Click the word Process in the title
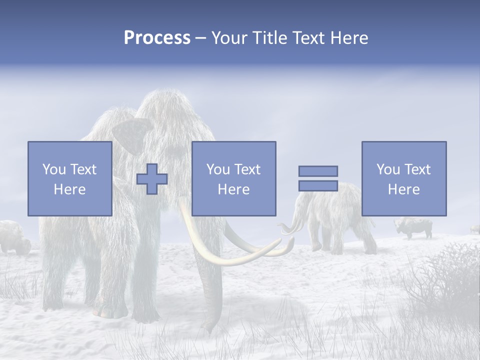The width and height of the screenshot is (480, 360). click(157, 38)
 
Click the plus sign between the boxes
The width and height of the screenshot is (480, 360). click(152, 179)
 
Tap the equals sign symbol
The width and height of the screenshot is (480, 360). click(318, 178)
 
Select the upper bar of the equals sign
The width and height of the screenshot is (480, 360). click(318, 171)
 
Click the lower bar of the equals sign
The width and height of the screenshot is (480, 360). click(318, 185)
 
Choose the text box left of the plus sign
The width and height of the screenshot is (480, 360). click(70, 179)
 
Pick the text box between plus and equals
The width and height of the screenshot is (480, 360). click(234, 179)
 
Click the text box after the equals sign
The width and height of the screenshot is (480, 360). click(404, 179)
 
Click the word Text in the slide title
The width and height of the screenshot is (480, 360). click(306, 38)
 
